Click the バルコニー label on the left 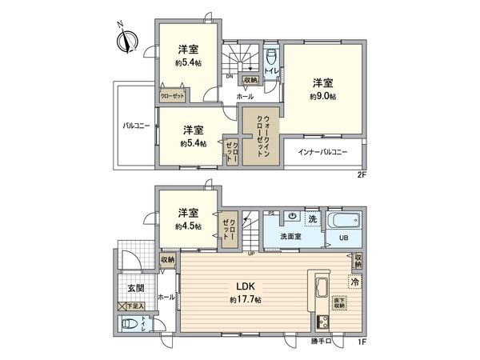tap(137, 126)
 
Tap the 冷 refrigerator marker tap(354, 282)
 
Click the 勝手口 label tap(321, 342)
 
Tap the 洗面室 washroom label tap(290, 237)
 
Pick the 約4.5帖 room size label tap(189, 226)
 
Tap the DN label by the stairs tap(230, 77)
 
